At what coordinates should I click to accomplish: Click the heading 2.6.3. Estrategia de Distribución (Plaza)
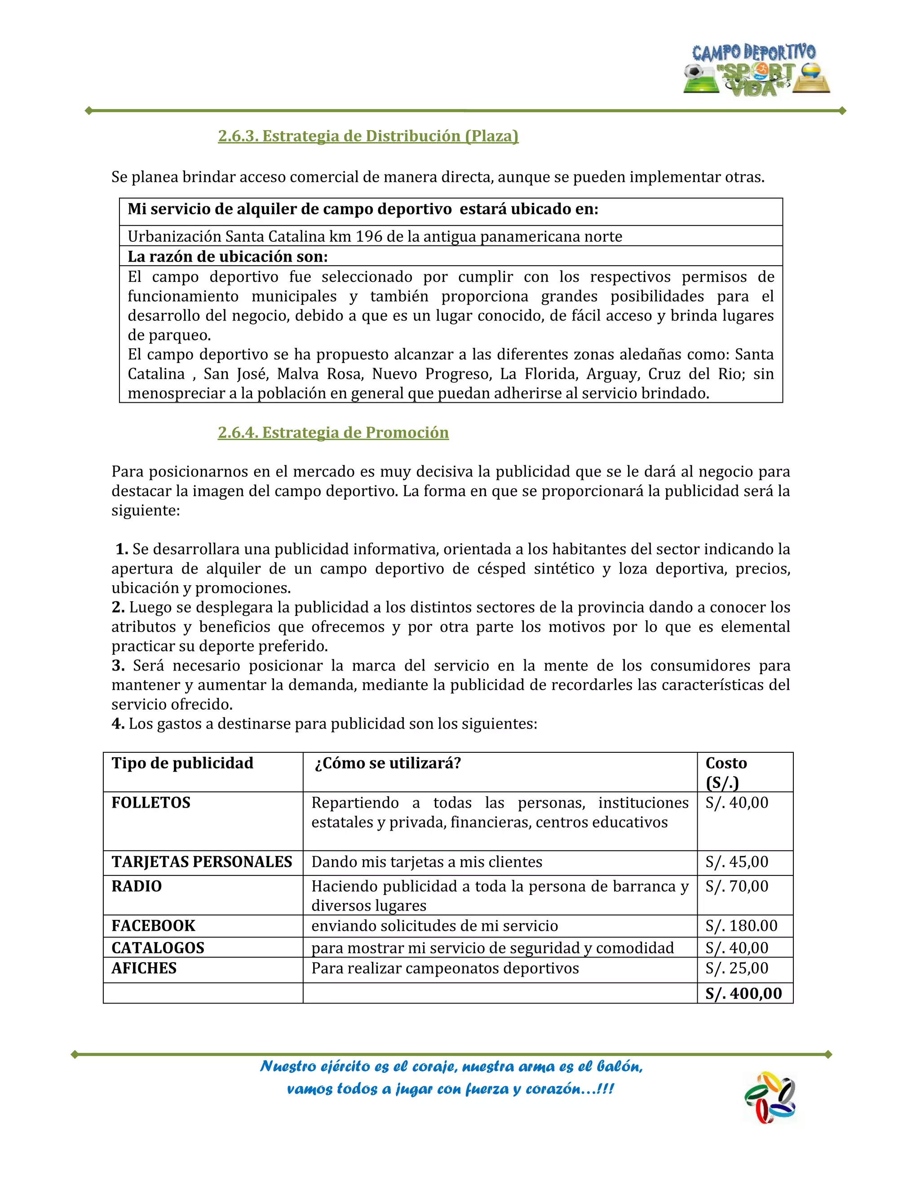(x=368, y=136)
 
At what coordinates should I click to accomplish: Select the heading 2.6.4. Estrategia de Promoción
(x=333, y=432)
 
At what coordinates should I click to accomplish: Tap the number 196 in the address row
(x=368, y=236)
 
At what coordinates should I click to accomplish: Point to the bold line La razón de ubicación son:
(x=227, y=256)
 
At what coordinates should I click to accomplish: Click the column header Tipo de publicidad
(x=182, y=763)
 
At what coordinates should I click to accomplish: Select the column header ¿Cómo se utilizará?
(x=388, y=763)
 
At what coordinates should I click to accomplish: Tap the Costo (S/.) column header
(x=726, y=772)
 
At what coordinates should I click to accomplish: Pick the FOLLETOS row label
(x=151, y=803)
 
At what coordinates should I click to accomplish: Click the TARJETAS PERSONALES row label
(x=202, y=862)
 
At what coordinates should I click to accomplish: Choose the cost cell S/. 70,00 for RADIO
(x=736, y=886)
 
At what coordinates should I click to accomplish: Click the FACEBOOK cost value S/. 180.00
(x=741, y=925)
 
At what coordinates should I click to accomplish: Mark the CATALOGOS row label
(x=158, y=948)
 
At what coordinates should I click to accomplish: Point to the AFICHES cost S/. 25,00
(x=736, y=968)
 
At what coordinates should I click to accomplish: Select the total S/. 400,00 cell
(x=743, y=993)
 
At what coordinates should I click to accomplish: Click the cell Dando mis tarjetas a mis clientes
(x=427, y=862)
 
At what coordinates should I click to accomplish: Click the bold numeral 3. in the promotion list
(x=118, y=665)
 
